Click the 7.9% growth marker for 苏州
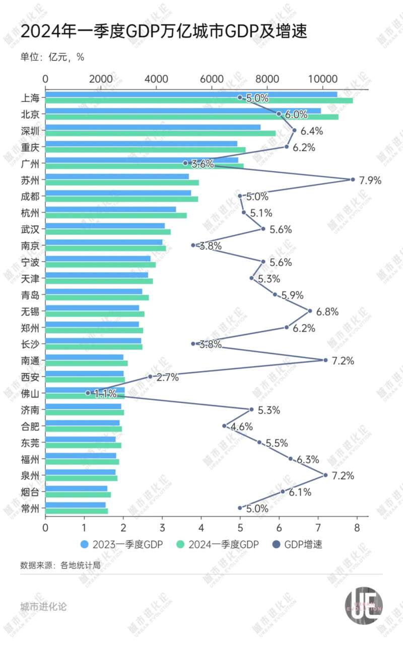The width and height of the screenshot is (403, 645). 353,179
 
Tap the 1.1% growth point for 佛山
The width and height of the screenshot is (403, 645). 88,393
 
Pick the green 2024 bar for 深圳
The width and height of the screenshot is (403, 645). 161,133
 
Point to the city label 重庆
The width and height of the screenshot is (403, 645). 30,147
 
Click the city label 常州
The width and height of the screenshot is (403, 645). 30,507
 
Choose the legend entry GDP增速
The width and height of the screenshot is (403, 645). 297,544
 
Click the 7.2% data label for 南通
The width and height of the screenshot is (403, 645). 343,360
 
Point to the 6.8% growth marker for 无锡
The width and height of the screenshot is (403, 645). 310,311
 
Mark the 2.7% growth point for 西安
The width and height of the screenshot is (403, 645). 150,376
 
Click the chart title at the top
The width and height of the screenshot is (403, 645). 164,32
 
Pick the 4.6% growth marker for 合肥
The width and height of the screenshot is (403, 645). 224,426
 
